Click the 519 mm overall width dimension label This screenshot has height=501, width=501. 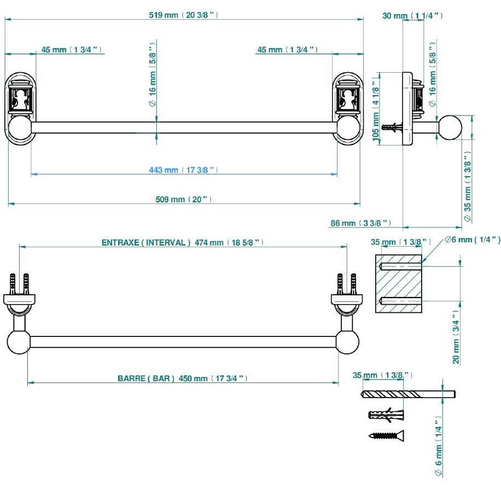tap(183, 15)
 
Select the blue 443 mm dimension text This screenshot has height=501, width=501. tap(183, 170)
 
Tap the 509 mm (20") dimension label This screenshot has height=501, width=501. tap(183, 200)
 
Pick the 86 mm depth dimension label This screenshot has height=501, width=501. tap(361, 223)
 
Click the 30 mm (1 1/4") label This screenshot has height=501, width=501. tap(412, 16)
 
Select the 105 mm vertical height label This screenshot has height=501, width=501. tap(376, 109)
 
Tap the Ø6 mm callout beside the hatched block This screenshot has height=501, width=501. tap(473, 240)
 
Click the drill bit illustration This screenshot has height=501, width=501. tap(409, 394)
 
